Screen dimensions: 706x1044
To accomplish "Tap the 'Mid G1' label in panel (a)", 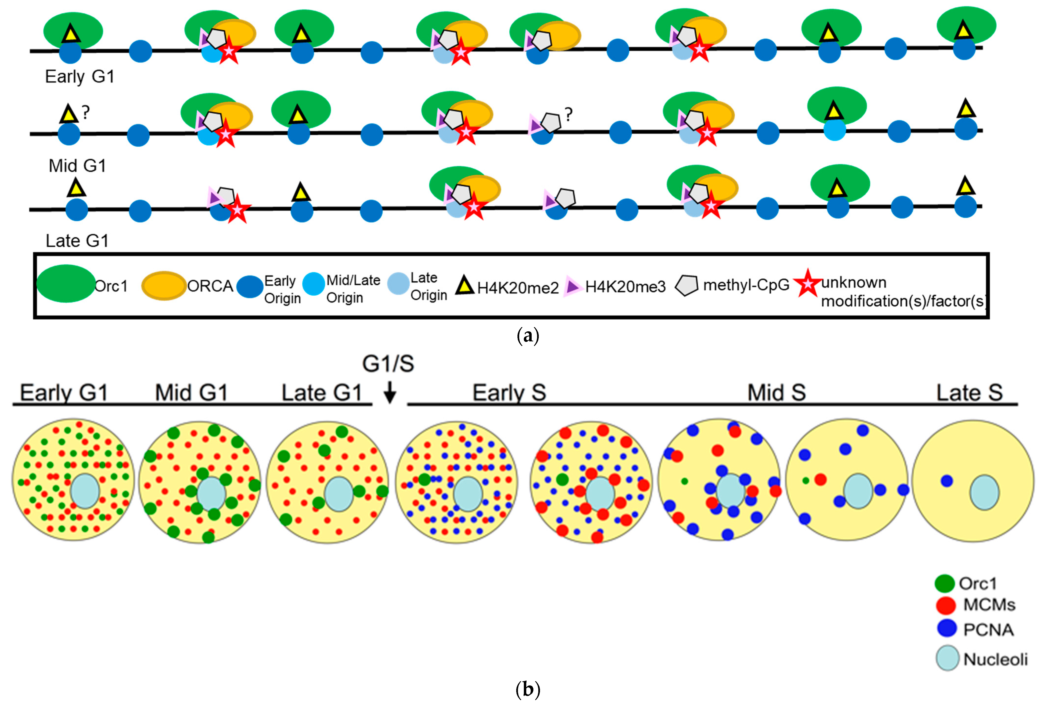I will pos(77,166).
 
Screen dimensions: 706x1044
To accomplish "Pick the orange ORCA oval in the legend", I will pos(164,286).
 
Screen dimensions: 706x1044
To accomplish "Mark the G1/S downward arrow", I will pos(389,392).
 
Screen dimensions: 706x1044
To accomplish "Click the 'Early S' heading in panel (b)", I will pos(509,393).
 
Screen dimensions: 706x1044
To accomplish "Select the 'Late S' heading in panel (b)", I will pos(969,393).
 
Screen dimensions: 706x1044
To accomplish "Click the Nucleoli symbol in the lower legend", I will pos(947,658).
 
